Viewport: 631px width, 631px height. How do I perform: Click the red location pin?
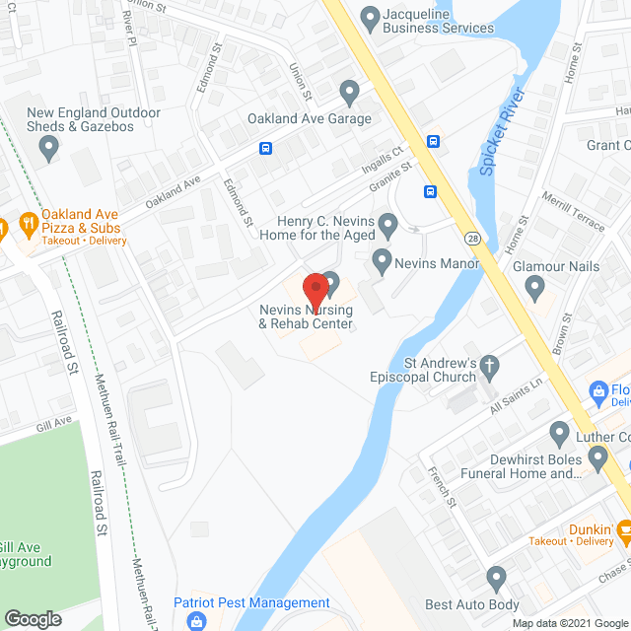click(315, 291)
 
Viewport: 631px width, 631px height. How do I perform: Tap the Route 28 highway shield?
click(475, 239)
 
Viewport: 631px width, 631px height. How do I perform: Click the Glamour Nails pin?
click(535, 288)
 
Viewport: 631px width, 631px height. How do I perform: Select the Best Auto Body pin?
click(496, 578)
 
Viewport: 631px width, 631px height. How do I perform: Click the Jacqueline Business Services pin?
click(370, 18)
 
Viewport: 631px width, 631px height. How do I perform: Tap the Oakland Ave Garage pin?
click(348, 94)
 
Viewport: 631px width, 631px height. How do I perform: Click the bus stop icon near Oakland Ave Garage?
click(266, 149)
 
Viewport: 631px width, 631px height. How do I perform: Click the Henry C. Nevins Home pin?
click(388, 228)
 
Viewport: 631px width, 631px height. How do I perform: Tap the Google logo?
click(33, 618)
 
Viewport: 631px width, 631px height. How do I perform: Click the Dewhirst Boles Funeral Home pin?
click(597, 456)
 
